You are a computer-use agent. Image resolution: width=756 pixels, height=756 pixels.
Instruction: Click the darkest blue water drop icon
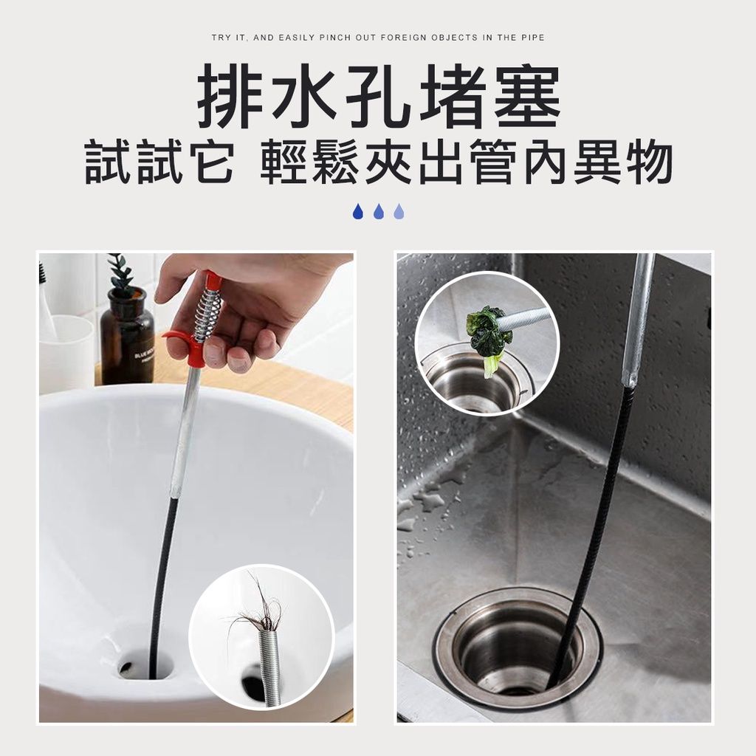pyautogui.click(x=358, y=211)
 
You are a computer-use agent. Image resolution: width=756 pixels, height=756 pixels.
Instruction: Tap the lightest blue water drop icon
pyautogui.click(x=399, y=211)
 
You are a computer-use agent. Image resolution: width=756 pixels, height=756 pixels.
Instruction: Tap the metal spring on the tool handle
pyautogui.click(x=208, y=309)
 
